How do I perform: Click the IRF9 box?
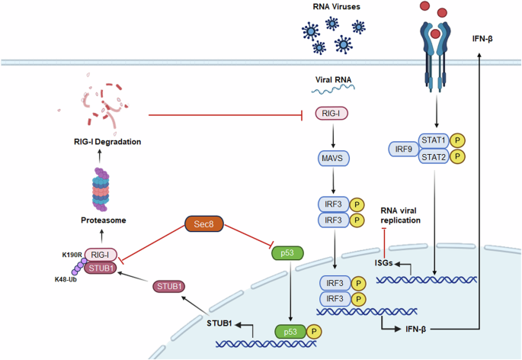(x=405, y=149)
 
